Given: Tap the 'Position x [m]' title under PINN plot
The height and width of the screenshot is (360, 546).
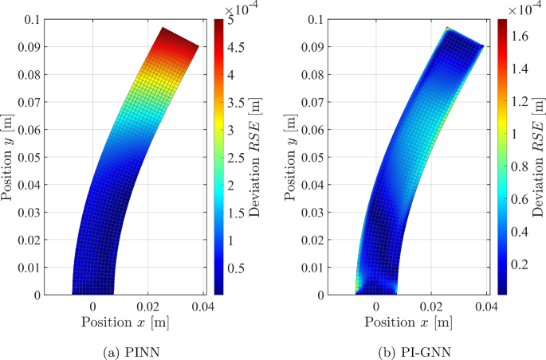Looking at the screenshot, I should (x=124, y=323).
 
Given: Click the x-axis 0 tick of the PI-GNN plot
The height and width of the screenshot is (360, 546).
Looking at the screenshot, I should (x=376, y=306).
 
